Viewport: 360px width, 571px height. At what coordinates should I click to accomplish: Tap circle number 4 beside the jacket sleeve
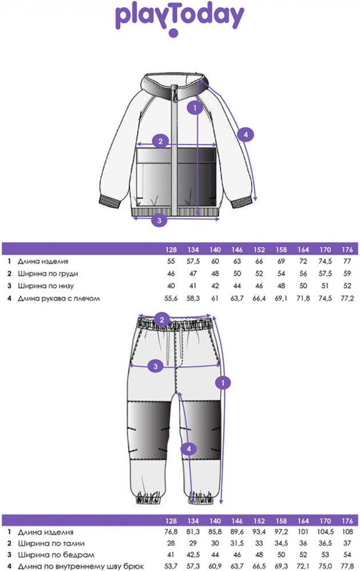pyautogui.click(x=245, y=135)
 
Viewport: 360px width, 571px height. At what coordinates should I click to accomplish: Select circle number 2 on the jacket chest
pyautogui.click(x=161, y=141)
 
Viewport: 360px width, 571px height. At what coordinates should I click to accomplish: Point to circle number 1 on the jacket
pyautogui.click(x=195, y=106)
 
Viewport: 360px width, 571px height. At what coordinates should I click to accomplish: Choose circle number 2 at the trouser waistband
pyautogui.click(x=162, y=319)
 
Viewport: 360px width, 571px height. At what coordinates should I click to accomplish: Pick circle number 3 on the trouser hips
pyautogui.click(x=154, y=366)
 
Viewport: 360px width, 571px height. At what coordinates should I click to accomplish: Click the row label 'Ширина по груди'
pyautogui.click(x=47, y=274)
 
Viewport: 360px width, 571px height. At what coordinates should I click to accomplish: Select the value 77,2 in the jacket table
pyautogui.click(x=346, y=299)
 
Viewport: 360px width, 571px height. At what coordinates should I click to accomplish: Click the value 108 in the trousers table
pyautogui.click(x=346, y=530)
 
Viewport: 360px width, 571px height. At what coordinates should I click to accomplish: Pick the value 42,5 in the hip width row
pyautogui.click(x=193, y=554)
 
